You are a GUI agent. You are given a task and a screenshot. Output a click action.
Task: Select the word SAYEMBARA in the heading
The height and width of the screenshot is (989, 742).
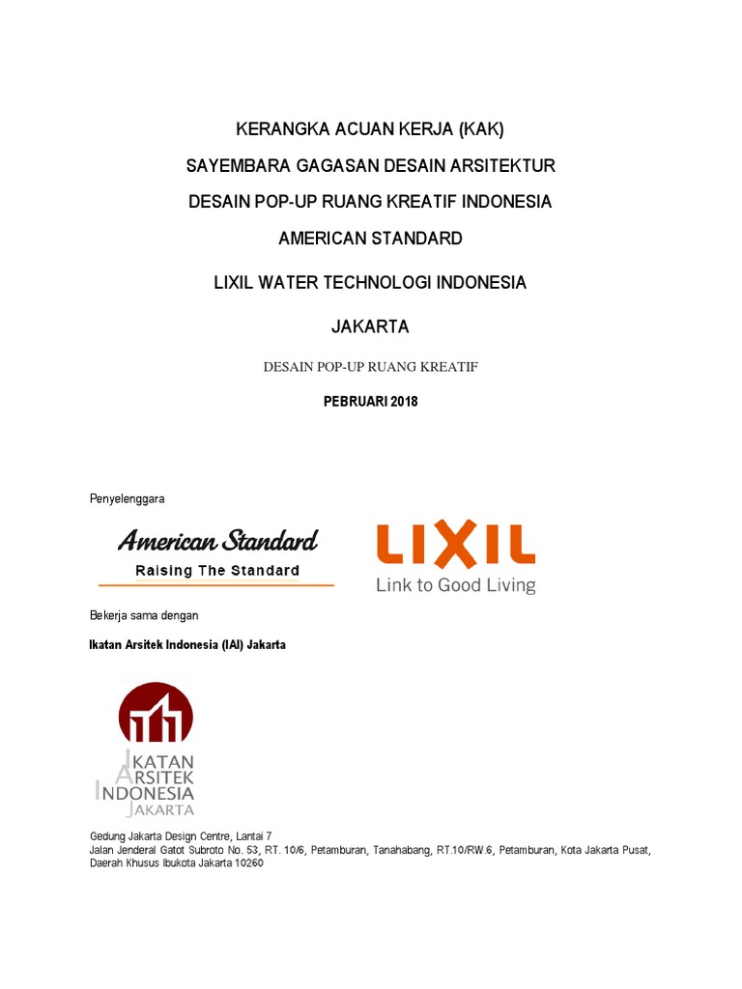point(230,166)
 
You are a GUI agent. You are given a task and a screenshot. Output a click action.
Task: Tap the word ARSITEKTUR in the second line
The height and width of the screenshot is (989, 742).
point(509,166)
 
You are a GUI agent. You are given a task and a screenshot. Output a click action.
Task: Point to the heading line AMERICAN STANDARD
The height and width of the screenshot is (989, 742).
point(370,238)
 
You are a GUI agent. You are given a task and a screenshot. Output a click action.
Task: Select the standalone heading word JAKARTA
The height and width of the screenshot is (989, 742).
point(370,326)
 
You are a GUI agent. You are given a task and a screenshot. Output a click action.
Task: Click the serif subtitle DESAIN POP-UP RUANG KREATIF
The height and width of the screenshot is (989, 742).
point(370,367)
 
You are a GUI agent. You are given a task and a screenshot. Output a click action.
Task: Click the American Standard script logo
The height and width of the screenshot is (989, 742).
point(217,540)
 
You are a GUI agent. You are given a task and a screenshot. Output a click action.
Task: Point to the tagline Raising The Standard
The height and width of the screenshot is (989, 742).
point(217,571)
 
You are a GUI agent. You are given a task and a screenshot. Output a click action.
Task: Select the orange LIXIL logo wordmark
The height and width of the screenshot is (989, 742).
point(455,545)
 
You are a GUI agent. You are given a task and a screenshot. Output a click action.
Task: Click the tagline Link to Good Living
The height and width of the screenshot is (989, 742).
point(455,585)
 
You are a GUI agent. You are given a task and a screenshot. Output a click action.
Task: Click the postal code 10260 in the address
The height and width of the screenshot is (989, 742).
point(245,863)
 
